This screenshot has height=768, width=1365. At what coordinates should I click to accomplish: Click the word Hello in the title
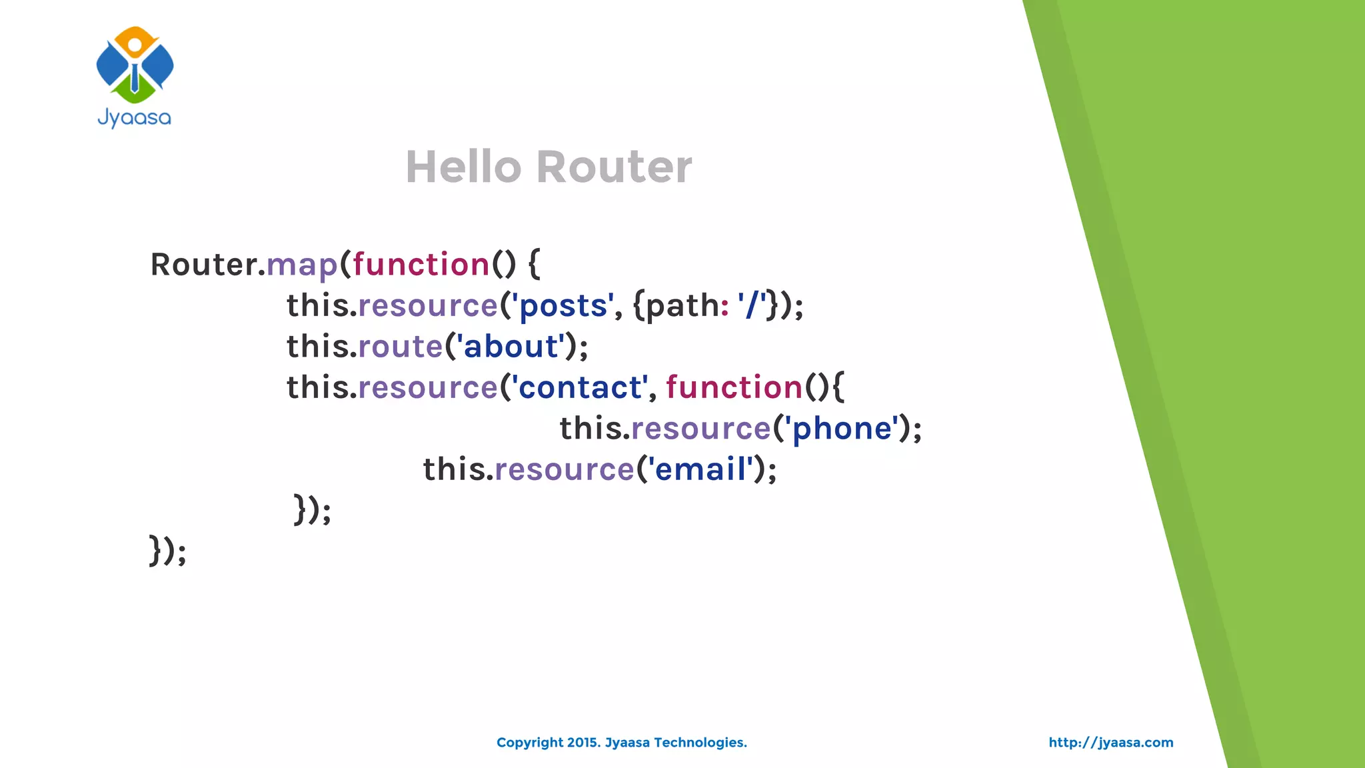click(x=463, y=167)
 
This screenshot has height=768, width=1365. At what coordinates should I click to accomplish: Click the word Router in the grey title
click(x=614, y=167)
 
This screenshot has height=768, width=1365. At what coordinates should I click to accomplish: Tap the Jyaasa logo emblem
click(x=135, y=65)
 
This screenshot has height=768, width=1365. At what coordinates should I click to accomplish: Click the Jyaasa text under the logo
click(x=135, y=118)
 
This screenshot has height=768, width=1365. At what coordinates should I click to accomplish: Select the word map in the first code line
click(x=302, y=265)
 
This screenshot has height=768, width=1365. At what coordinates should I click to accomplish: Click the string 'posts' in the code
click(x=563, y=306)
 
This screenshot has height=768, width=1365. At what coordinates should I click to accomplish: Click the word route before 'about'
click(x=401, y=347)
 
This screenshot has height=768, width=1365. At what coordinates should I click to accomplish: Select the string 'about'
click(x=510, y=347)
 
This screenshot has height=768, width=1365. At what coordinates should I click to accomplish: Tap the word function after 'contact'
click(x=734, y=387)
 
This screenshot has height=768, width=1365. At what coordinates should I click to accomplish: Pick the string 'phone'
click(x=842, y=429)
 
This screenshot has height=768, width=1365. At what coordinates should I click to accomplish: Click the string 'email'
click(x=700, y=469)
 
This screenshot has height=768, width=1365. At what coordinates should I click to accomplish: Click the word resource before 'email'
click(x=564, y=469)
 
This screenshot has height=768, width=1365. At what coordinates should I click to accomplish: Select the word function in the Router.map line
click(x=421, y=265)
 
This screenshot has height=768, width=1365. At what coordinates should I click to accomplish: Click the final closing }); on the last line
click(x=167, y=551)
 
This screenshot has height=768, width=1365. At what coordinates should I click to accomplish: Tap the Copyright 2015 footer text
click(x=621, y=743)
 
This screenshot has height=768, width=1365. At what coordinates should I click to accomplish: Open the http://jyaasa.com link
click(x=1110, y=743)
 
